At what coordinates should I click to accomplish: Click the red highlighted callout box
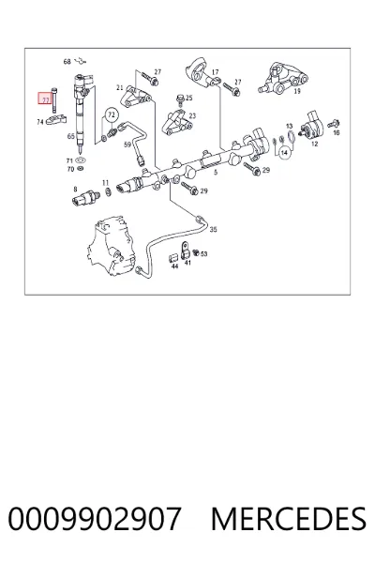tap(45, 98)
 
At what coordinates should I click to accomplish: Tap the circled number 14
tap(284, 153)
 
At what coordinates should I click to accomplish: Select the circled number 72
tap(112, 114)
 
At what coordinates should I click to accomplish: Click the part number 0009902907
tap(95, 519)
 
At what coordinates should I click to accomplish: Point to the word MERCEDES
tap(289, 519)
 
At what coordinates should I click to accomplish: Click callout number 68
tap(67, 62)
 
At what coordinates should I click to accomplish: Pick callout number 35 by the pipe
tap(213, 230)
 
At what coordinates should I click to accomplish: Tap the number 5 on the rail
tap(216, 173)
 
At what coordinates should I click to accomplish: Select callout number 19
tap(297, 91)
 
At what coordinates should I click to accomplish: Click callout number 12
tap(314, 144)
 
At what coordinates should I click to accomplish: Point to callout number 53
tap(203, 254)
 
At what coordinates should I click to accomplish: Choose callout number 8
tap(75, 190)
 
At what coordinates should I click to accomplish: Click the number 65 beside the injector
tap(71, 136)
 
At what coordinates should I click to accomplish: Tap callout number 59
tap(127, 145)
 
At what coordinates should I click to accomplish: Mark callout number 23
tap(192, 116)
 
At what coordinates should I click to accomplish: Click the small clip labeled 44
tap(173, 258)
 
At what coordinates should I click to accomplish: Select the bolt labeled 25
tap(180, 98)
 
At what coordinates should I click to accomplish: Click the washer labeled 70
tap(82, 168)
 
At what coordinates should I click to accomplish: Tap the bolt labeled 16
tap(334, 124)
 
